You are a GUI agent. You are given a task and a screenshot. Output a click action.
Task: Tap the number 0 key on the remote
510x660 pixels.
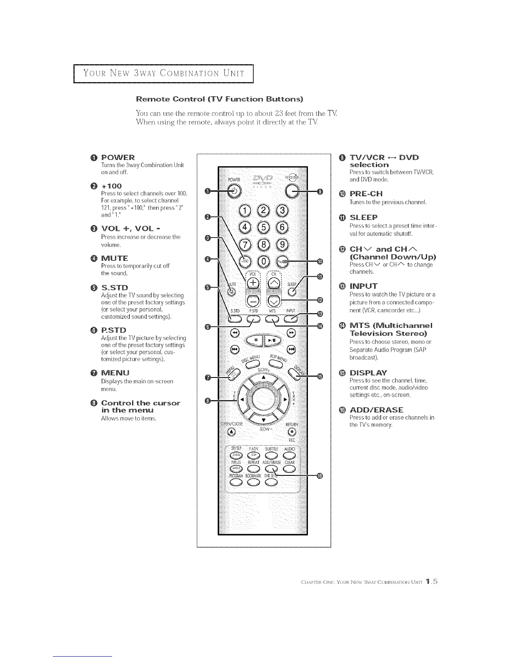(x=263, y=261)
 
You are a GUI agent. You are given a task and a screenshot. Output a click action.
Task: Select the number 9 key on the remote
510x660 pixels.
(x=282, y=245)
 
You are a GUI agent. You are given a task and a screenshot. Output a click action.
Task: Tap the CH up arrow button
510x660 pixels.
(x=274, y=284)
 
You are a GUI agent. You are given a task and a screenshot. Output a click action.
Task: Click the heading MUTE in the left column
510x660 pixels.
(x=115, y=258)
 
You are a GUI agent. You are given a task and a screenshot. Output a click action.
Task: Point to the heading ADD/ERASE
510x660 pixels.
(x=376, y=410)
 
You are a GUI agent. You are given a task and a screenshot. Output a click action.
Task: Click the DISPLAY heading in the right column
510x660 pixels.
(x=368, y=372)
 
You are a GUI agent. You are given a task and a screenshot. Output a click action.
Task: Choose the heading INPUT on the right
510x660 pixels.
(x=363, y=286)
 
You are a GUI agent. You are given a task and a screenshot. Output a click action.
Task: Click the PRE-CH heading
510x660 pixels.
(x=366, y=194)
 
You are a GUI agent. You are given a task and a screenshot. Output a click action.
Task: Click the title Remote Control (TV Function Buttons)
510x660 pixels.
(x=220, y=99)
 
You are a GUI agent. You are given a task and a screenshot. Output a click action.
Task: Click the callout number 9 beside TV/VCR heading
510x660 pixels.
(x=342, y=157)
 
